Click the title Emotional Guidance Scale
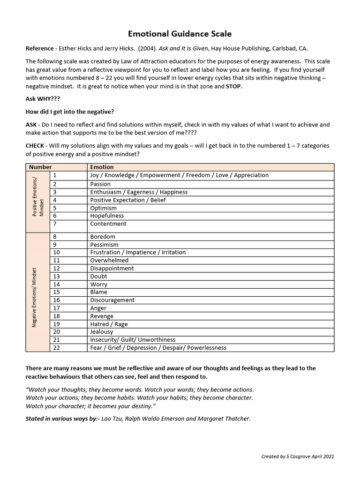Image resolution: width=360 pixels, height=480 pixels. [x=180, y=34]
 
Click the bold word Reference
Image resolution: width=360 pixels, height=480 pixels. [x=40, y=49]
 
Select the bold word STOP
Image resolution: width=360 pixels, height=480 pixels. [x=234, y=87]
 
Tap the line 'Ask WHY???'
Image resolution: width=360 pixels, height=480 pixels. [x=43, y=99]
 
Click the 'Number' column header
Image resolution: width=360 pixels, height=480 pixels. [x=40, y=167]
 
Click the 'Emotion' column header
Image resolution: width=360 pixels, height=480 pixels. [x=102, y=167]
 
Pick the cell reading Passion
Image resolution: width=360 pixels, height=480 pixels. [x=100, y=184]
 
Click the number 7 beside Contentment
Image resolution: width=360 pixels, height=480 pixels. [x=55, y=224]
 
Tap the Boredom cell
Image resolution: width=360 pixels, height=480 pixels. [x=103, y=237]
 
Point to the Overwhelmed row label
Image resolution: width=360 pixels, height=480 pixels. [x=109, y=260]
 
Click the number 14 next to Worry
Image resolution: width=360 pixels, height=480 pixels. [x=56, y=284]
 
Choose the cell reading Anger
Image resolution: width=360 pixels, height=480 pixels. [x=98, y=308]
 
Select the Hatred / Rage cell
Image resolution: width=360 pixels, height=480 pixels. [x=109, y=324]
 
